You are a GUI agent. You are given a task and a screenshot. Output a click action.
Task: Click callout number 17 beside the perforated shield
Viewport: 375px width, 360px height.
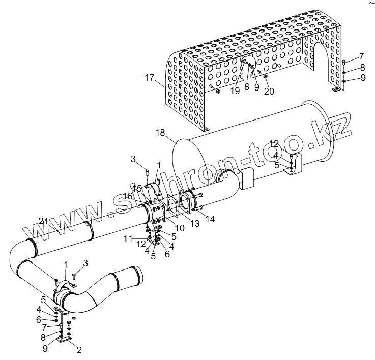tap(149, 79)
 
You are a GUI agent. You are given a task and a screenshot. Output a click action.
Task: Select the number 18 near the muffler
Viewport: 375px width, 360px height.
tap(160, 133)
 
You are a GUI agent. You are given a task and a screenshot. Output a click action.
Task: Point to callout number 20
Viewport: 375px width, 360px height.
tap(269, 91)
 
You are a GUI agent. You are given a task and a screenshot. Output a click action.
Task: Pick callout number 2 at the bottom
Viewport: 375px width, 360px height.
tap(79, 349)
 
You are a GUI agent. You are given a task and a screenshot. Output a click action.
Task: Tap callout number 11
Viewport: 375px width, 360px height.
tap(129, 237)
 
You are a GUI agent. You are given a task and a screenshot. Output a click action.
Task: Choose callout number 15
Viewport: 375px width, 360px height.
tap(137, 188)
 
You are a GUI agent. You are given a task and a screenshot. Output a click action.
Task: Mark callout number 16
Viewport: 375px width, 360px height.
tap(128, 196)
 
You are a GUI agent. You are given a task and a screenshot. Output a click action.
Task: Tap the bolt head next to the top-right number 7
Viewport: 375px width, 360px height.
tap(344, 62)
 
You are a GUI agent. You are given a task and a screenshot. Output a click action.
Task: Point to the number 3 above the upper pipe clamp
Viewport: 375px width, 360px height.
tap(133, 160)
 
